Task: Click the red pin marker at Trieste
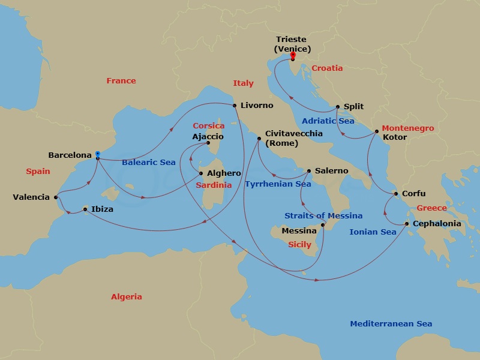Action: [293, 56]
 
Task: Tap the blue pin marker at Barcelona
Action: [97, 155]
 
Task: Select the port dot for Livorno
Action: [234, 106]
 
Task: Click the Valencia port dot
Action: [56, 197]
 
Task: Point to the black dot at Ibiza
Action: [85, 209]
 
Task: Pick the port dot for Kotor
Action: [376, 131]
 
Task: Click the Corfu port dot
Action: [395, 194]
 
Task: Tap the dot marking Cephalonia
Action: [407, 224]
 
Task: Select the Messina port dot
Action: [323, 226]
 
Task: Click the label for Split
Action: [354, 107]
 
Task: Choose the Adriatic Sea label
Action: [328, 121]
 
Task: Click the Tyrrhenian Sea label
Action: [278, 184]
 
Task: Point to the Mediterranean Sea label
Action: [391, 324]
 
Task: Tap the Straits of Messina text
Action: [323, 215]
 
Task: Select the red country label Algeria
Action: [127, 297]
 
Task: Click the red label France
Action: [121, 81]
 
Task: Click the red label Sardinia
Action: [214, 186]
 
